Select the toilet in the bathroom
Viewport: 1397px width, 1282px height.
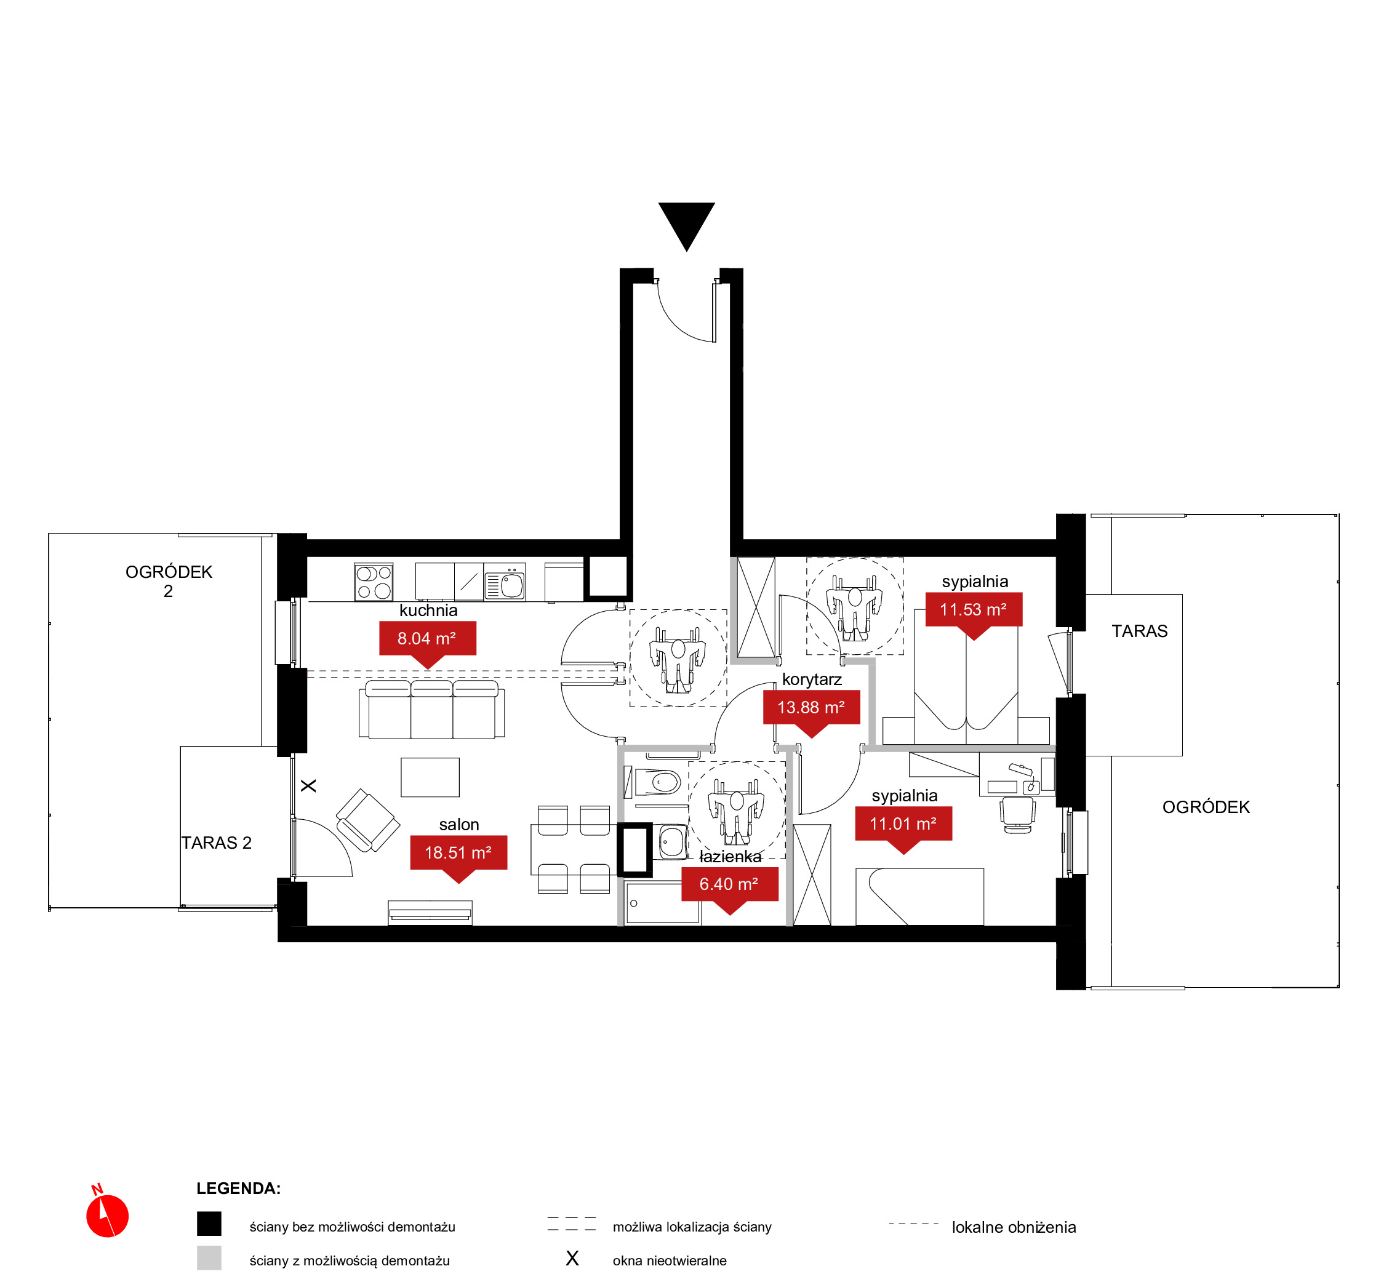[657, 782]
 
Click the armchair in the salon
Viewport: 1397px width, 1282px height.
[367, 820]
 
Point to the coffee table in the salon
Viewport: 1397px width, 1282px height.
[430, 777]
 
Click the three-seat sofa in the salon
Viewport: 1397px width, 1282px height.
[431, 709]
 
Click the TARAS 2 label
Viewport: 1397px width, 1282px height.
[217, 843]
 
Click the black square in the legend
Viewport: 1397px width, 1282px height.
[209, 1224]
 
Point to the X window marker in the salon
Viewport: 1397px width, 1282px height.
[309, 785]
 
